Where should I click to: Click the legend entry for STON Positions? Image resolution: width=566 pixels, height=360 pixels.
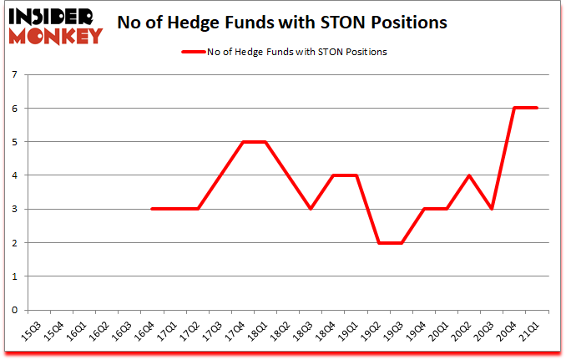[284, 52]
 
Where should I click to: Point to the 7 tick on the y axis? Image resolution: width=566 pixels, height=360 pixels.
[15, 74]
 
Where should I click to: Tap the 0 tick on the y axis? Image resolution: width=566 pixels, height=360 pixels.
[15, 310]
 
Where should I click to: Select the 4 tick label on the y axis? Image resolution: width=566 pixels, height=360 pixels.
[15, 175]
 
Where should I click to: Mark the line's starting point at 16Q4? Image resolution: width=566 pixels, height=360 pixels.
[152, 209]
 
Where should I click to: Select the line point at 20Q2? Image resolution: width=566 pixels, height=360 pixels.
[468, 175]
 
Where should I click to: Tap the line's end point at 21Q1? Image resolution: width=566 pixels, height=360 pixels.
[536, 108]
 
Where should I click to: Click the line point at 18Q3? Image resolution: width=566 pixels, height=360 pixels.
[310, 209]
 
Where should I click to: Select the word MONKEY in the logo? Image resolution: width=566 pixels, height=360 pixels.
[56, 35]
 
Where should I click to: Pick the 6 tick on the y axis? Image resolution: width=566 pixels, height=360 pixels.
[15, 108]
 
